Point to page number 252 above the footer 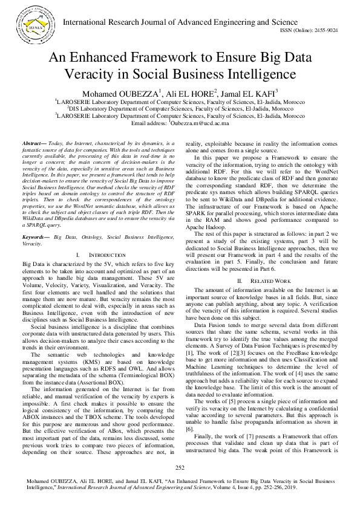(x=180, y=467)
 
